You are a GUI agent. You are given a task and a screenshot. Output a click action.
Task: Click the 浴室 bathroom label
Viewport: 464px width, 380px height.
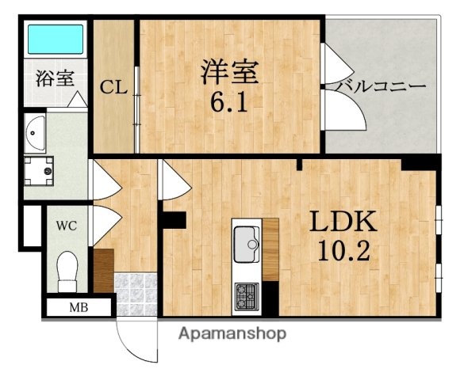coord(55,78)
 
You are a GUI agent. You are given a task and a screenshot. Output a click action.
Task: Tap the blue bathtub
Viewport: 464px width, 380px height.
coord(55,39)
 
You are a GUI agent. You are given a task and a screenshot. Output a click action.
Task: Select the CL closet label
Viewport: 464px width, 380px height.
coord(114,87)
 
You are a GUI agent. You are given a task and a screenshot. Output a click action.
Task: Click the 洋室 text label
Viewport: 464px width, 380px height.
coord(229,72)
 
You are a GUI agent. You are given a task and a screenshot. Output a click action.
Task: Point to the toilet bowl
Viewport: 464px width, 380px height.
coord(67,269)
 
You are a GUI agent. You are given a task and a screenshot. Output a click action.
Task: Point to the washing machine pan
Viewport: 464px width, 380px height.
coord(39,167)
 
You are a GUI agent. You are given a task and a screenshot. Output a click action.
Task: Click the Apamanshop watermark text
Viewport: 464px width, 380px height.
coord(232,333)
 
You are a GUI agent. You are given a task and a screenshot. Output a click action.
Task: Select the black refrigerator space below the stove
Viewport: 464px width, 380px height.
coord(270,297)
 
